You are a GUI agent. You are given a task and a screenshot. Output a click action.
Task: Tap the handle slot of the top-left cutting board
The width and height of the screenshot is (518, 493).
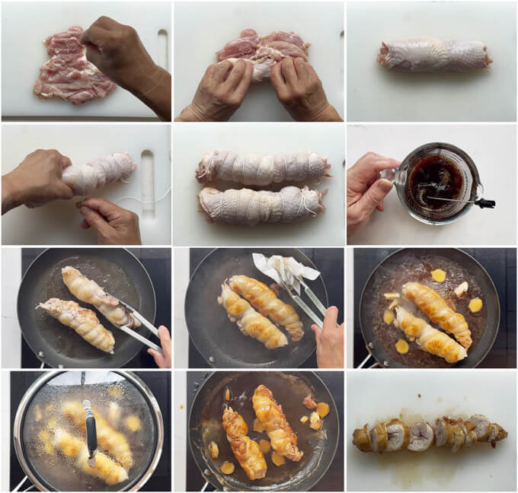[x=161, y=49]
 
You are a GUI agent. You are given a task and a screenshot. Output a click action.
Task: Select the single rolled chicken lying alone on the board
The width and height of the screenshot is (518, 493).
[x=433, y=55]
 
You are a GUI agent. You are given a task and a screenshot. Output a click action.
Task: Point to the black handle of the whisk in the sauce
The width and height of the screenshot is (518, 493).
[x=484, y=203]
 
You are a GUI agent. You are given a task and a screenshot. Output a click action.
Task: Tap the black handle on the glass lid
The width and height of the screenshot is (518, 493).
[x=91, y=430]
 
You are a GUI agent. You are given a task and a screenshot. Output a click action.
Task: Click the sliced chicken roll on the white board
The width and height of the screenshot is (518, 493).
[x=430, y=434]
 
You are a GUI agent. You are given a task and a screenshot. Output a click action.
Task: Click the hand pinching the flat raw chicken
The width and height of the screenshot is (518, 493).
[x=126, y=53]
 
